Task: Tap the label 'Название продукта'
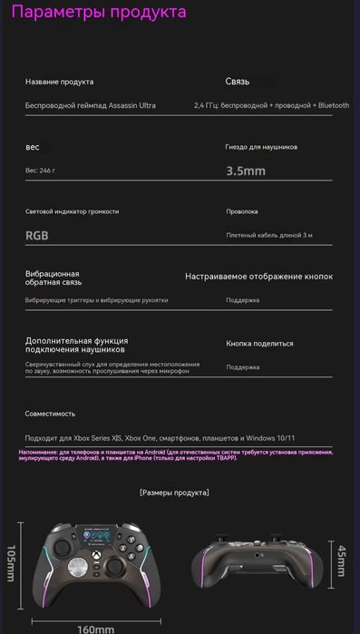click(x=59, y=82)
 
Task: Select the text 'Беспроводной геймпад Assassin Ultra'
click(x=90, y=105)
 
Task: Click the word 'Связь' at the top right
click(x=238, y=82)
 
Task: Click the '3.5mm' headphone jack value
click(x=246, y=170)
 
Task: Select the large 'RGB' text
click(x=38, y=235)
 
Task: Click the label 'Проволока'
click(x=242, y=211)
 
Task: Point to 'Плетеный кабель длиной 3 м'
click(x=269, y=235)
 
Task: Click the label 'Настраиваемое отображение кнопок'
click(x=258, y=276)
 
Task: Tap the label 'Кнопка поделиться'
click(x=259, y=344)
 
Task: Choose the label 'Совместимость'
click(x=50, y=413)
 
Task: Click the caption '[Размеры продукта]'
click(x=174, y=493)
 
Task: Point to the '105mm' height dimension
click(x=11, y=565)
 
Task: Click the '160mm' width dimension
click(x=95, y=628)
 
